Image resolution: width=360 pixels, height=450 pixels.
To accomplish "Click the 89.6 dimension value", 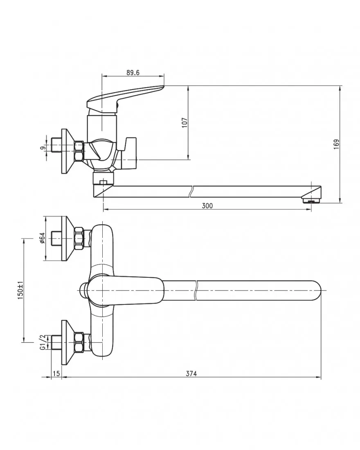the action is [133, 72].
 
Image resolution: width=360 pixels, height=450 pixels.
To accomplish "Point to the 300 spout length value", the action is [207, 206].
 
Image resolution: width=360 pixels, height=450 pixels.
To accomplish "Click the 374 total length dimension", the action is [191, 373].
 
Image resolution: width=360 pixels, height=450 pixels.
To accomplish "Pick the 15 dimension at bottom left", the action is [56, 373].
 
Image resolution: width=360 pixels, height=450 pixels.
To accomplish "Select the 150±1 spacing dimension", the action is [20, 290].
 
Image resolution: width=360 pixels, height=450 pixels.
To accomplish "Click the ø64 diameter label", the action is [43, 238].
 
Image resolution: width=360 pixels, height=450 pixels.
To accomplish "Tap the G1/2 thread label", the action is [43, 342].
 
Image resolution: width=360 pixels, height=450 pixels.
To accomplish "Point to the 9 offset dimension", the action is [43, 148].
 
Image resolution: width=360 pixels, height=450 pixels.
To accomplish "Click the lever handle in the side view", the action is [125, 97].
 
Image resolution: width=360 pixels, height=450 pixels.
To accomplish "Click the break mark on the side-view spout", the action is [191, 191].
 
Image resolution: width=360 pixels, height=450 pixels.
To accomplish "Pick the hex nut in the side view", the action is [79, 151].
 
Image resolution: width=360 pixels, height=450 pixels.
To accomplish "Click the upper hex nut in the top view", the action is [79, 238].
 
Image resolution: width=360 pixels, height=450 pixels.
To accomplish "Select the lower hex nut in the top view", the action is [79, 342].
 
